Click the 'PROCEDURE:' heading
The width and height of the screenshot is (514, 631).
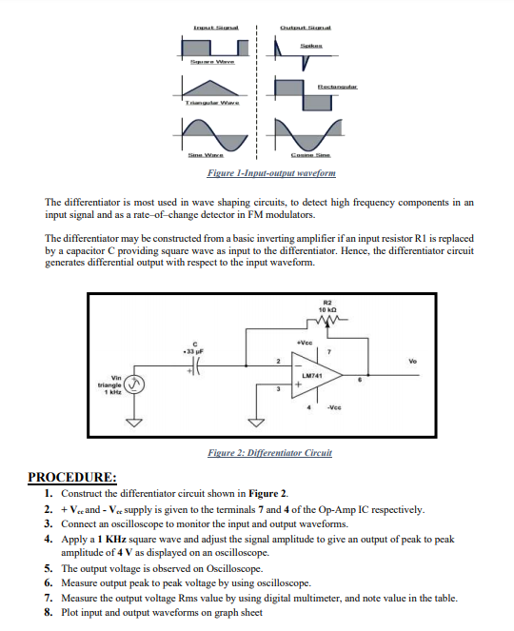point(72,477)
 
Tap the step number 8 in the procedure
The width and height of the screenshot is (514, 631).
point(49,612)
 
